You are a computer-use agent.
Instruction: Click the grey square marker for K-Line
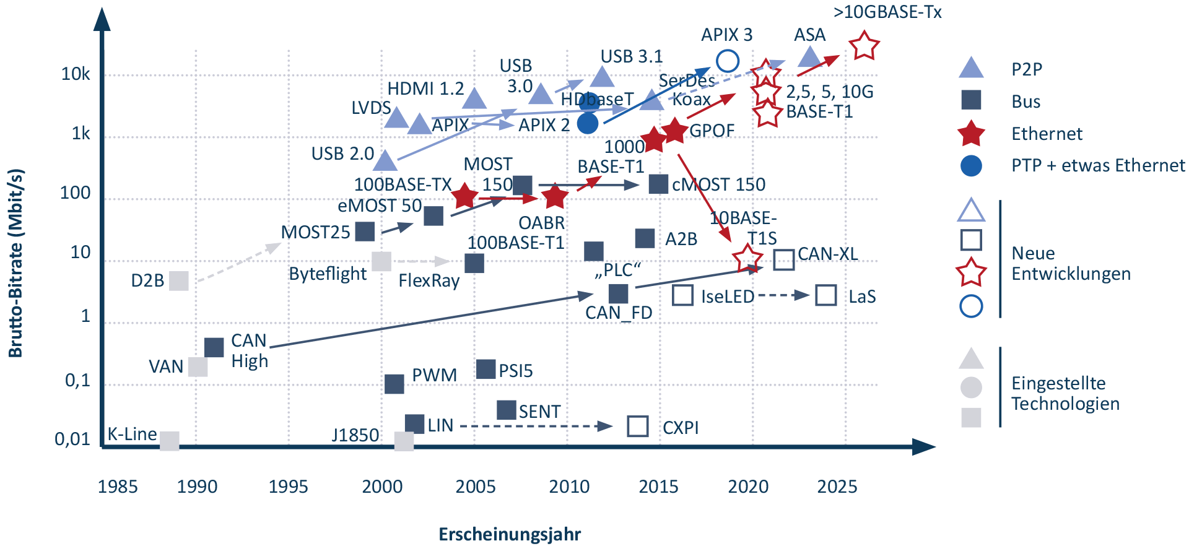[x=169, y=441]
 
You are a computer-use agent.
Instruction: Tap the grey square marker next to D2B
[x=179, y=280]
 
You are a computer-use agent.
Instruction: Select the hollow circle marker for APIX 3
[x=728, y=61]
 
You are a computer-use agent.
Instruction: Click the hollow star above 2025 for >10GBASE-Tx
[x=864, y=46]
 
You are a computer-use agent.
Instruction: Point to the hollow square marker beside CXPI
[x=638, y=427]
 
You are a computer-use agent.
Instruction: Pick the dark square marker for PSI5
[x=486, y=370]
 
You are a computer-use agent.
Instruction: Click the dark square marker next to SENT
[x=507, y=410]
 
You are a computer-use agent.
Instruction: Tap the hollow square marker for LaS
[x=826, y=296]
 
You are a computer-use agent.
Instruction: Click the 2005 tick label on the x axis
[x=475, y=487]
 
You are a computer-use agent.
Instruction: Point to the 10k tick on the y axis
[x=76, y=74]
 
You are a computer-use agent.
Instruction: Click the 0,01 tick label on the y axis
[x=72, y=440]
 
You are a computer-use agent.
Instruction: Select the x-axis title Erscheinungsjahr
[x=510, y=534]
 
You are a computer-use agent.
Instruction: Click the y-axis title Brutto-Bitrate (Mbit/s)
[x=16, y=262]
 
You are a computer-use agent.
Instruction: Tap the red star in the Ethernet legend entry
[x=970, y=134]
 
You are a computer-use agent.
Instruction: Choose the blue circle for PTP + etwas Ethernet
[x=970, y=166]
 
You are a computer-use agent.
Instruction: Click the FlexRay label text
[x=429, y=281]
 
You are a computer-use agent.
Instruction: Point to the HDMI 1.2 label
[x=425, y=89]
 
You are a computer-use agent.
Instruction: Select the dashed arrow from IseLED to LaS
[x=783, y=295]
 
